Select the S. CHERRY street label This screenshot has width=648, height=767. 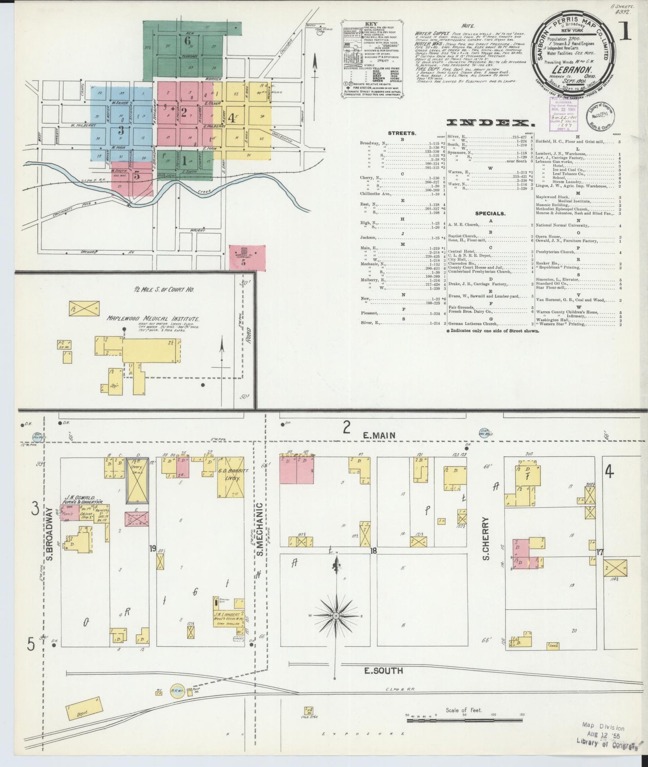tap(486, 538)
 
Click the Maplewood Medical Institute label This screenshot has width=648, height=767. tap(153, 318)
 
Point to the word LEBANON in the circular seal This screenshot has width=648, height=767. tap(571, 70)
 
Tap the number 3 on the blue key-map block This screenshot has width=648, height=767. tap(121, 131)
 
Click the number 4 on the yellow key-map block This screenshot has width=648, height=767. tap(231, 118)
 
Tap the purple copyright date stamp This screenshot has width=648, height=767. tap(561, 116)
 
